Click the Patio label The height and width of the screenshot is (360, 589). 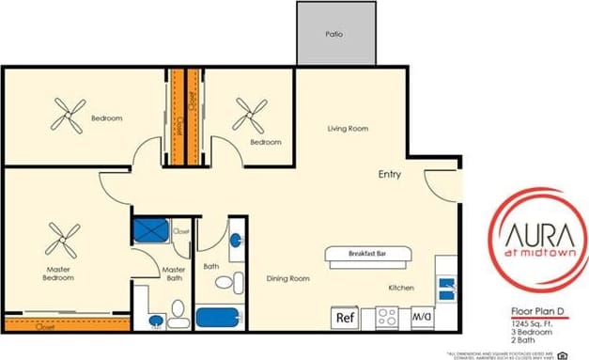(x=333, y=34)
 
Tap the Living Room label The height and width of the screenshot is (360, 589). (x=347, y=129)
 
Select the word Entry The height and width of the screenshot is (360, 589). (x=391, y=175)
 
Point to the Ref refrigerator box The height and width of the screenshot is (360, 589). (x=345, y=318)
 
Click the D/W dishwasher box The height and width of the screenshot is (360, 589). (x=422, y=317)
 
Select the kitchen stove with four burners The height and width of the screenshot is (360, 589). (x=388, y=317)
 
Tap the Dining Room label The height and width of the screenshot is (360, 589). (x=288, y=278)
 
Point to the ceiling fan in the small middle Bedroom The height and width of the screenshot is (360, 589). (x=250, y=116)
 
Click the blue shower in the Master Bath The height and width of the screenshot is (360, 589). (x=150, y=230)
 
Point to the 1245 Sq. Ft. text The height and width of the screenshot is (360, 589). (x=522, y=323)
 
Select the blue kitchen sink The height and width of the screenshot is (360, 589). (x=447, y=286)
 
